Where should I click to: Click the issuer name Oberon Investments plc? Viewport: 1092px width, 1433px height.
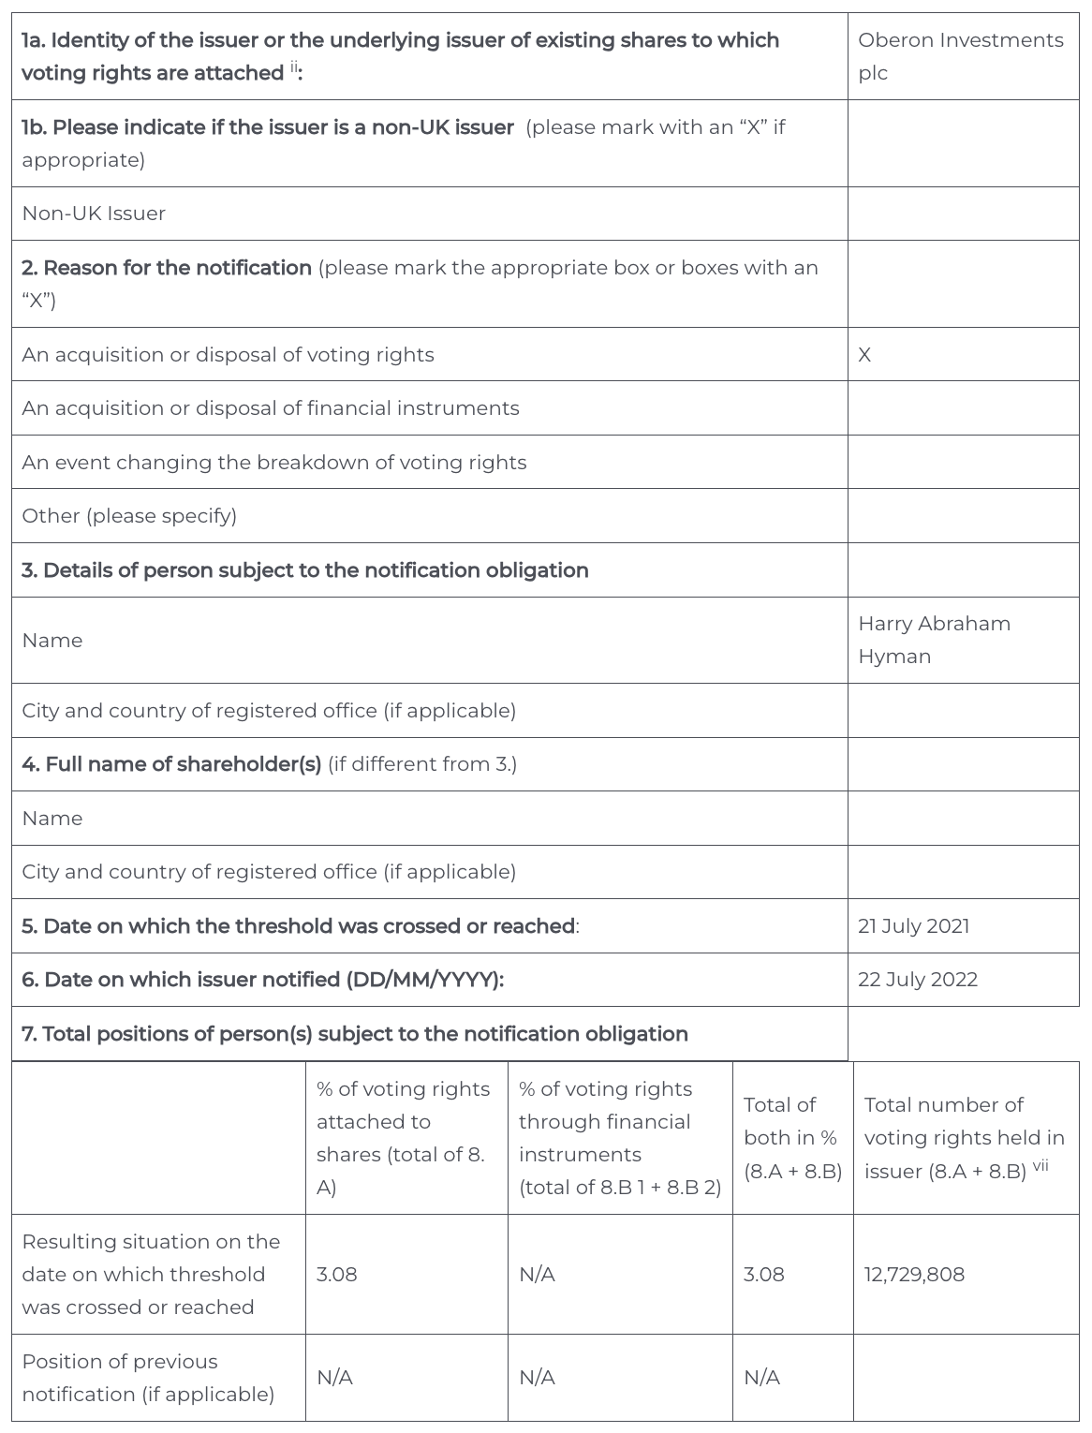(960, 56)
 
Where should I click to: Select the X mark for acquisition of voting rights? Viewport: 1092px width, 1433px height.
(864, 355)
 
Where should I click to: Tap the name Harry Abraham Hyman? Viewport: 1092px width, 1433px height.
(934, 640)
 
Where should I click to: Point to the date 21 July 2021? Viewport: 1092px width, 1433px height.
(913, 926)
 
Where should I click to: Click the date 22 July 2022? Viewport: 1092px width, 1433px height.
(917, 980)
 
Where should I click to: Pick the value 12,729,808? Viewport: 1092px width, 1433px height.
(913, 1275)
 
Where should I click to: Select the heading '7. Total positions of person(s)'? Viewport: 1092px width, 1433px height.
(355, 1034)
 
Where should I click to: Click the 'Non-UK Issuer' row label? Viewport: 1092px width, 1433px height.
(94, 214)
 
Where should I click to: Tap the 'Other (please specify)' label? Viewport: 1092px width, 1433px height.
(129, 516)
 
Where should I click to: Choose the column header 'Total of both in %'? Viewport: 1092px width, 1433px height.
(792, 1138)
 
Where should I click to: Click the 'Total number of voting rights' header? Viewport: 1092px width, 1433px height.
(964, 1138)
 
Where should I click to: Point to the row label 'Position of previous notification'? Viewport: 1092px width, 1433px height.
(148, 1378)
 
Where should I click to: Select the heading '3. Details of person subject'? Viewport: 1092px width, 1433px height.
(305, 570)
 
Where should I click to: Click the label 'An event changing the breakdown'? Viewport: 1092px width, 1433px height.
(274, 463)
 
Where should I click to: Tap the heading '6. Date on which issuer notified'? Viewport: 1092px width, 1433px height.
(262, 980)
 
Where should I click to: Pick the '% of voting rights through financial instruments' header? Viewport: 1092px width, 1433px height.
(619, 1138)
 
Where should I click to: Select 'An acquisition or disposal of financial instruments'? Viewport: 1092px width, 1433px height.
(271, 408)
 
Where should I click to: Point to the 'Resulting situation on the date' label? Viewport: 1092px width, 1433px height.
(151, 1275)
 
